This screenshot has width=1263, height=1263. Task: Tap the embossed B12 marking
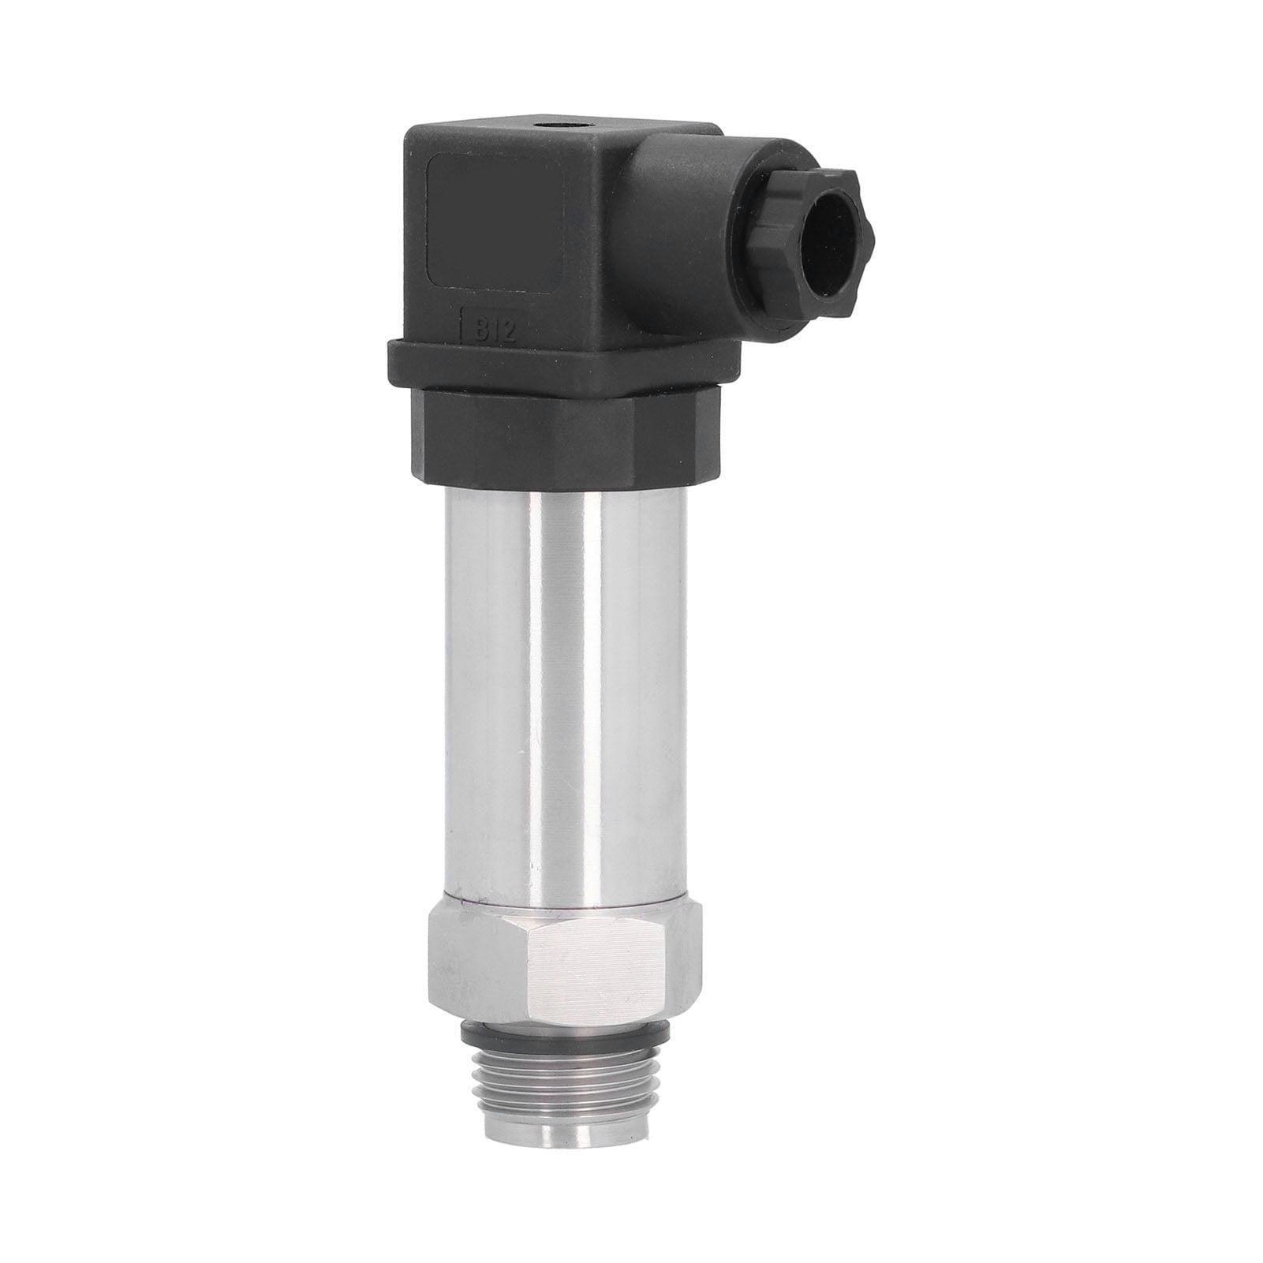pos(494,330)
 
